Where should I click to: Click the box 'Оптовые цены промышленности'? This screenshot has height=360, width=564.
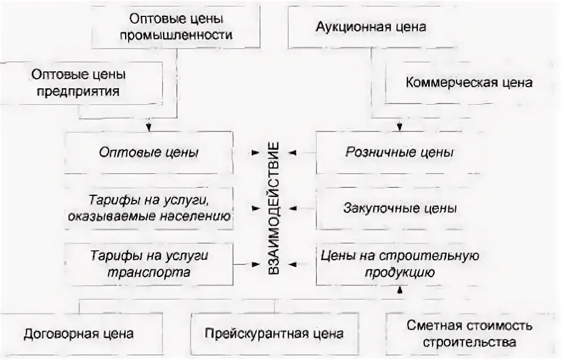point(176,27)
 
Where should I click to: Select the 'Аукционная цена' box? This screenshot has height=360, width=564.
point(371,27)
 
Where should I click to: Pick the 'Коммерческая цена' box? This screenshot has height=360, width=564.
point(469,83)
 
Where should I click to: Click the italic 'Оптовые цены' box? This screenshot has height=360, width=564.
point(148,152)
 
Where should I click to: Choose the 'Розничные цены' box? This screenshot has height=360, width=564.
point(399,152)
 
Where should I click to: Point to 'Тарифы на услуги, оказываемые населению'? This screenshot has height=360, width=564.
point(148,208)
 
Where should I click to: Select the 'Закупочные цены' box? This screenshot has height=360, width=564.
point(399,208)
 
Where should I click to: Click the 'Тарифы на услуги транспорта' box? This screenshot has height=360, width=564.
point(148,264)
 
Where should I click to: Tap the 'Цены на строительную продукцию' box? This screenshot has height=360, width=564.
point(399,264)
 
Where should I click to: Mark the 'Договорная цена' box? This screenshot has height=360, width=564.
point(79,333)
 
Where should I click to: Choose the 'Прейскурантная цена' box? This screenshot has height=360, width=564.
point(274,333)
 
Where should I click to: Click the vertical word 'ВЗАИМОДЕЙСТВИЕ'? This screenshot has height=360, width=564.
point(274,208)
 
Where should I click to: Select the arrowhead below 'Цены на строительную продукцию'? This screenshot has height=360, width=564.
point(400,290)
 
